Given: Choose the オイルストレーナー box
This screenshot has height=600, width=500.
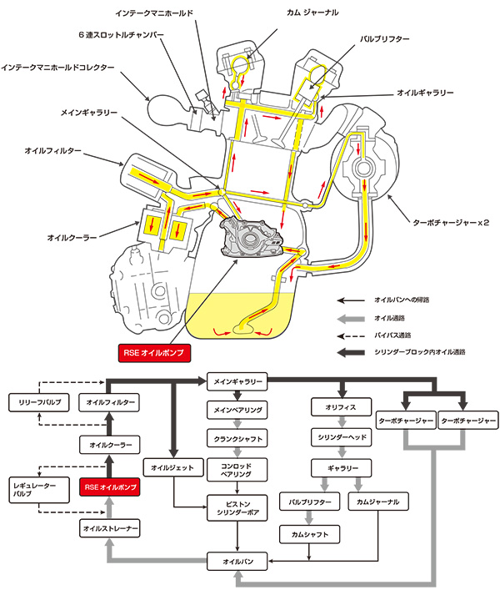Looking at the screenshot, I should pyautogui.click(x=111, y=529).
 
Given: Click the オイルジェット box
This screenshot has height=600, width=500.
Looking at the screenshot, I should pyautogui.click(x=172, y=467).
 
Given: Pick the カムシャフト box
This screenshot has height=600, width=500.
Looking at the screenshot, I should pyautogui.click(x=310, y=533).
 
